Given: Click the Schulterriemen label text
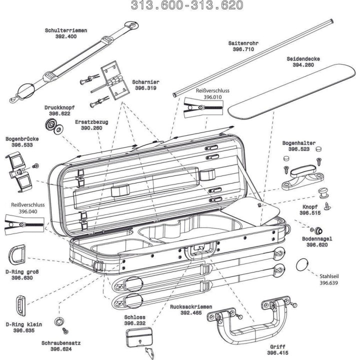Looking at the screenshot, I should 66,30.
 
